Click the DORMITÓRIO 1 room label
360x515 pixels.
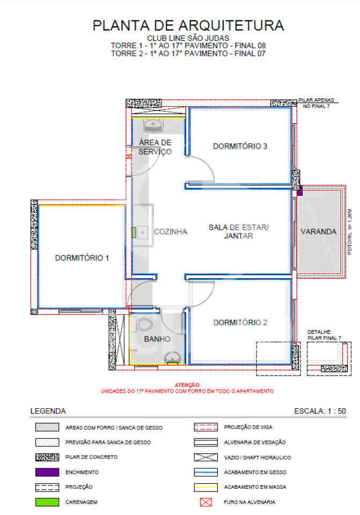pos(82,258)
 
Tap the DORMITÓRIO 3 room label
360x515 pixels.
pos(240,146)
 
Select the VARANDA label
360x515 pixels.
pos(319,232)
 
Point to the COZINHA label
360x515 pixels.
pos(171,232)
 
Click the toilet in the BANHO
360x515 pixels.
pos(144,325)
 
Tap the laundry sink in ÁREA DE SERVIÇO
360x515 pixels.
pos(153,125)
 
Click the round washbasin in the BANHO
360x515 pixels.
pos(172,358)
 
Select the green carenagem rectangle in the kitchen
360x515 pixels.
pos(134,232)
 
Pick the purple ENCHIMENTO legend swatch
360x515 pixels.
pos(47,472)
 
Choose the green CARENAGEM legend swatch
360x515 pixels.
pos(47,502)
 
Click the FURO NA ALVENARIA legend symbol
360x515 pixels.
pos(206,502)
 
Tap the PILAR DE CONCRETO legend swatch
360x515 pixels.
pos(47,457)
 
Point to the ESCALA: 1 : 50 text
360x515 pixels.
pos(320,411)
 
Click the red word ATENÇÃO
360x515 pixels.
pos(188,385)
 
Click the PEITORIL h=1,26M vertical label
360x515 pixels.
pos(349,232)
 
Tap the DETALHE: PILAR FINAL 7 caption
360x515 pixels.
pos(324,335)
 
